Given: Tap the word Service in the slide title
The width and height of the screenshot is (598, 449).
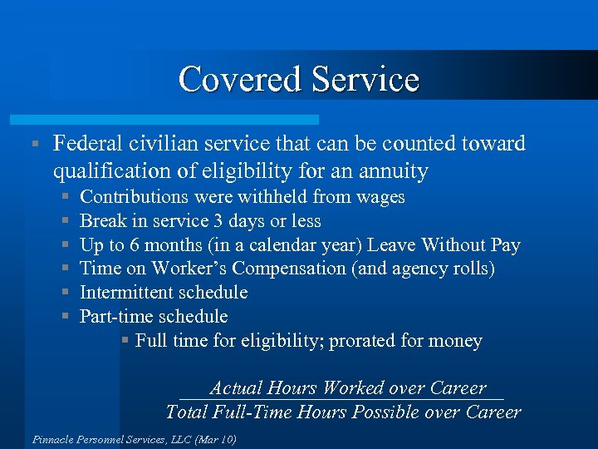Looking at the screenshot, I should click(365, 80).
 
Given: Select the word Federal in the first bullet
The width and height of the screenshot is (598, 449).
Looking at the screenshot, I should click(87, 144).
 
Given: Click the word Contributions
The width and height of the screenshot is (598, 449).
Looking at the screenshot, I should click(134, 197).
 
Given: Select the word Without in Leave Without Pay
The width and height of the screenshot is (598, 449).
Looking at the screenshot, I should click(453, 244).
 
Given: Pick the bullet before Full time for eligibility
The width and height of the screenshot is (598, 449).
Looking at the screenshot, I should click(125, 341).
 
